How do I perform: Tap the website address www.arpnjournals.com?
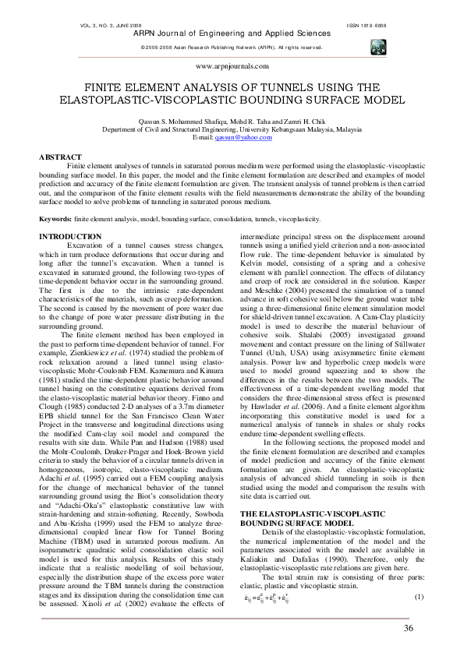point(232,68)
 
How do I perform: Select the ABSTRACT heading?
point(60,157)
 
